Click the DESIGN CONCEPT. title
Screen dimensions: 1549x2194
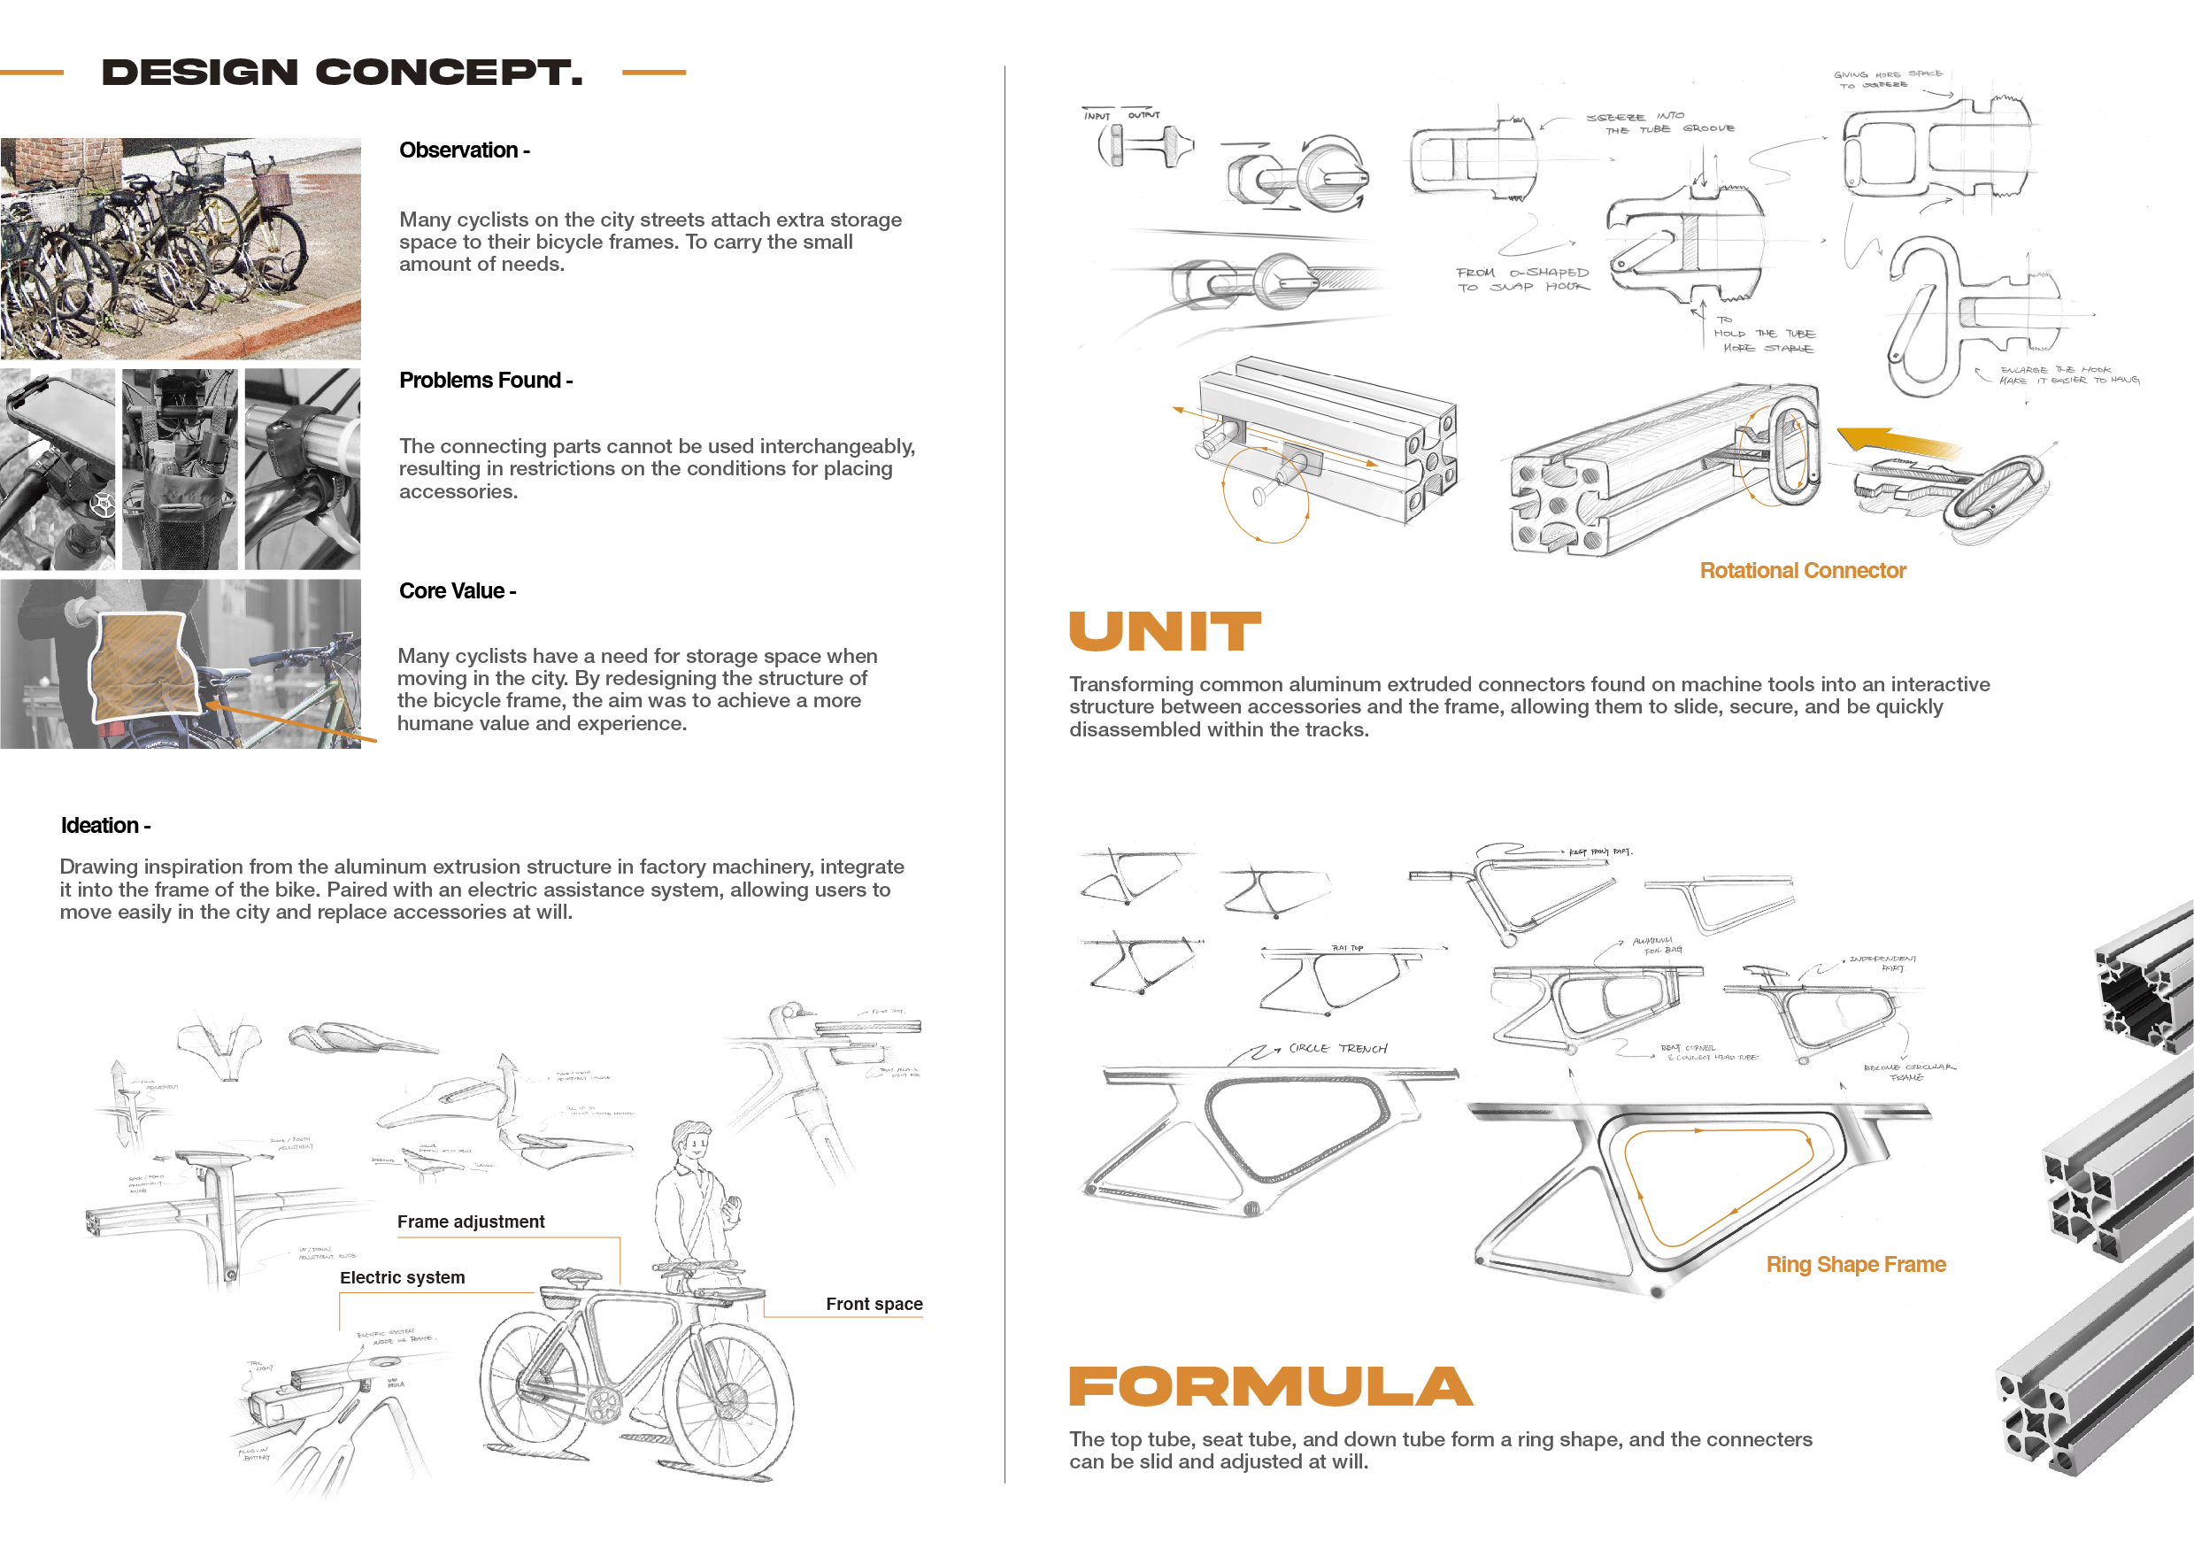(x=343, y=73)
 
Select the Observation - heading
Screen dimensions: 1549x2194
(x=464, y=150)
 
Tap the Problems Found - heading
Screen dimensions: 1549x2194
(x=485, y=381)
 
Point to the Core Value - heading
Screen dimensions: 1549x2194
(x=457, y=590)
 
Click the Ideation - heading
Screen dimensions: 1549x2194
(x=105, y=826)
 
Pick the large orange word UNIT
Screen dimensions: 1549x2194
(x=1165, y=632)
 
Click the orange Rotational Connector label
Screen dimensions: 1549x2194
(x=1802, y=571)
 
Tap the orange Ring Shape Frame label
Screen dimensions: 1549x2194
(x=1856, y=1264)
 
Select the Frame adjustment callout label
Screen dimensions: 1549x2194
(x=470, y=1221)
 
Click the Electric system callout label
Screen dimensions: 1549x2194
(x=403, y=1277)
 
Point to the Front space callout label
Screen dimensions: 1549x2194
(x=874, y=1305)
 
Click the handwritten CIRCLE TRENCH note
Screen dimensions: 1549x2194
(x=1337, y=1048)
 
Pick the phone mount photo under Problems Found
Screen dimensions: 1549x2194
(x=58, y=469)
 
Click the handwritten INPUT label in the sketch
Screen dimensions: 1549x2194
(x=1097, y=116)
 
